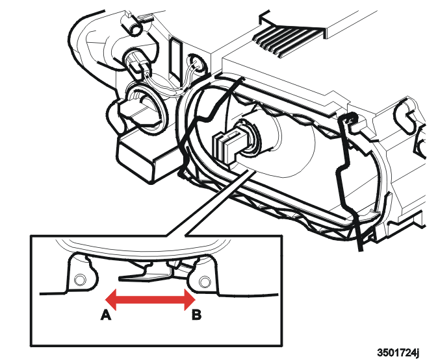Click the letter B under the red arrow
pyautogui.click(x=196, y=315)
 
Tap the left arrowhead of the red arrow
pyautogui.click(x=110, y=300)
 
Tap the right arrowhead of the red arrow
pyautogui.click(x=190, y=300)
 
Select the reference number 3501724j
pyautogui.click(x=398, y=352)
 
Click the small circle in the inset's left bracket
pyautogui.click(x=80, y=279)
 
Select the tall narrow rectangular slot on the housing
pyautogui.click(x=176, y=59)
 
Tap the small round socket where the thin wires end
pyautogui.click(x=197, y=64)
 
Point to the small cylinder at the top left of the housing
pyautogui.click(x=136, y=28)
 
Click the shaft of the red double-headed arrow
pyautogui.click(x=150, y=300)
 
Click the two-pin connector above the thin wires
pyautogui.click(x=139, y=64)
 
